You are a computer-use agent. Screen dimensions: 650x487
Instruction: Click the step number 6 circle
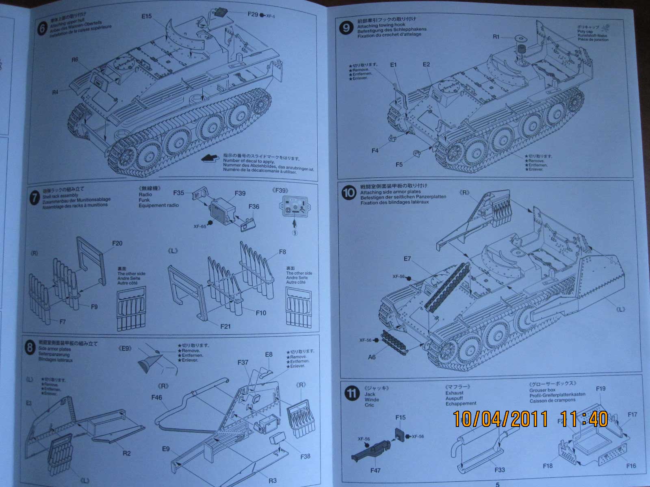42,30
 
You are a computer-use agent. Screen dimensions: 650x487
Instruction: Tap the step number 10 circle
349,192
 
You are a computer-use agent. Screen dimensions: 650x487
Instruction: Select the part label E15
147,16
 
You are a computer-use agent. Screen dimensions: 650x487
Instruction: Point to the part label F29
253,14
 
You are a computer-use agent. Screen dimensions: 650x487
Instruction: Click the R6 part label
75,60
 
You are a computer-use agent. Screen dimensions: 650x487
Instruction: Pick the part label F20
117,243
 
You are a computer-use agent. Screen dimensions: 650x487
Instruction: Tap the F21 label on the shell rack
225,326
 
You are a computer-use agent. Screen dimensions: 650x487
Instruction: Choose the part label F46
157,398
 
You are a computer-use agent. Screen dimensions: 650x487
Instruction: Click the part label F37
243,362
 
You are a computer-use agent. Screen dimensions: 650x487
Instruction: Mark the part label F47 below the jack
376,471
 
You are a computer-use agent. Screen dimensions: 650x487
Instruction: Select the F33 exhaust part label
499,470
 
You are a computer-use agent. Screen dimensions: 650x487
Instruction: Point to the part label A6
372,357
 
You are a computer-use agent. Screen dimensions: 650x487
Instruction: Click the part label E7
407,259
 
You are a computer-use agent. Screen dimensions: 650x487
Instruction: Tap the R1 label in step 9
496,37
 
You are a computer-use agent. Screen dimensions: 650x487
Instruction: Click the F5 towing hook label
399,164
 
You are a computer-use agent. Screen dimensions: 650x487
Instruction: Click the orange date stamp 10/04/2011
500,419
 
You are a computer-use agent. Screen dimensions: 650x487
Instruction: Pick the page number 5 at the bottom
497,484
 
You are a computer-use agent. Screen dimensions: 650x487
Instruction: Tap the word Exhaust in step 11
454,393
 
